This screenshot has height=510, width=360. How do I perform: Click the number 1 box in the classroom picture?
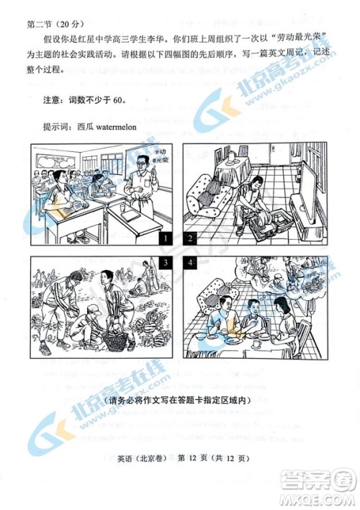point(165,238)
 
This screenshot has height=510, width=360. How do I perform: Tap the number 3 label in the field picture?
point(165,264)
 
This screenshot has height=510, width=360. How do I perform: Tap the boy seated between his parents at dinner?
point(253,317)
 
